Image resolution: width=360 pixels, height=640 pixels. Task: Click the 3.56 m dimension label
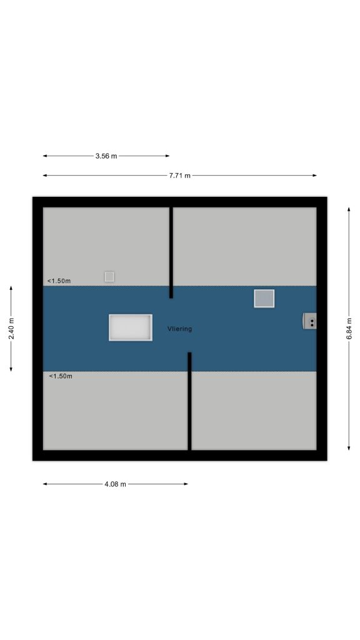tap(106, 156)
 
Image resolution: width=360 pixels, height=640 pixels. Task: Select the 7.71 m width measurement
tap(179, 176)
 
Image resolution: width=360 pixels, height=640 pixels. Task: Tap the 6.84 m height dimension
tap(349, 329)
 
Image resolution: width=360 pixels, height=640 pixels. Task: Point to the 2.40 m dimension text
tap(11, 329)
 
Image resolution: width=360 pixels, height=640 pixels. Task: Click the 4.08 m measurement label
tap(116, 484)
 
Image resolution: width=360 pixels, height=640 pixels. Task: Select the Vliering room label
tap(179, 329)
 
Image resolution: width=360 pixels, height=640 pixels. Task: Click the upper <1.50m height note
tap(59, 281)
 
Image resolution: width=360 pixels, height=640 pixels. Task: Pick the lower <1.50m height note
tap(61, 376)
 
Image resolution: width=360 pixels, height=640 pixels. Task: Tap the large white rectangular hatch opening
tap(131, 327)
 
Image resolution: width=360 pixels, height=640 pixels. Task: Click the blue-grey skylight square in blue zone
tap(264, 298)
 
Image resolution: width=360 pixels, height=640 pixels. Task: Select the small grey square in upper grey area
tap(109, 277)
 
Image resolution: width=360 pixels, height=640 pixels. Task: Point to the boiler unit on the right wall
tap(309, 321)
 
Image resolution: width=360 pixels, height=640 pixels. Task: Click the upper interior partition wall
tap(171, 252)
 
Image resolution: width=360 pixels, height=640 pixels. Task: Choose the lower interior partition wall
tap(189, 401)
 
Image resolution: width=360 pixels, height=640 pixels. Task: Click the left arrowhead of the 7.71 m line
tap(45, 176)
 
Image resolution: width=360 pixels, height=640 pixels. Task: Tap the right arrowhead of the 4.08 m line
tap(186, 484)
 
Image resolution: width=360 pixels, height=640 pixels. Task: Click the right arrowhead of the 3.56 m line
tap(167, 156)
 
